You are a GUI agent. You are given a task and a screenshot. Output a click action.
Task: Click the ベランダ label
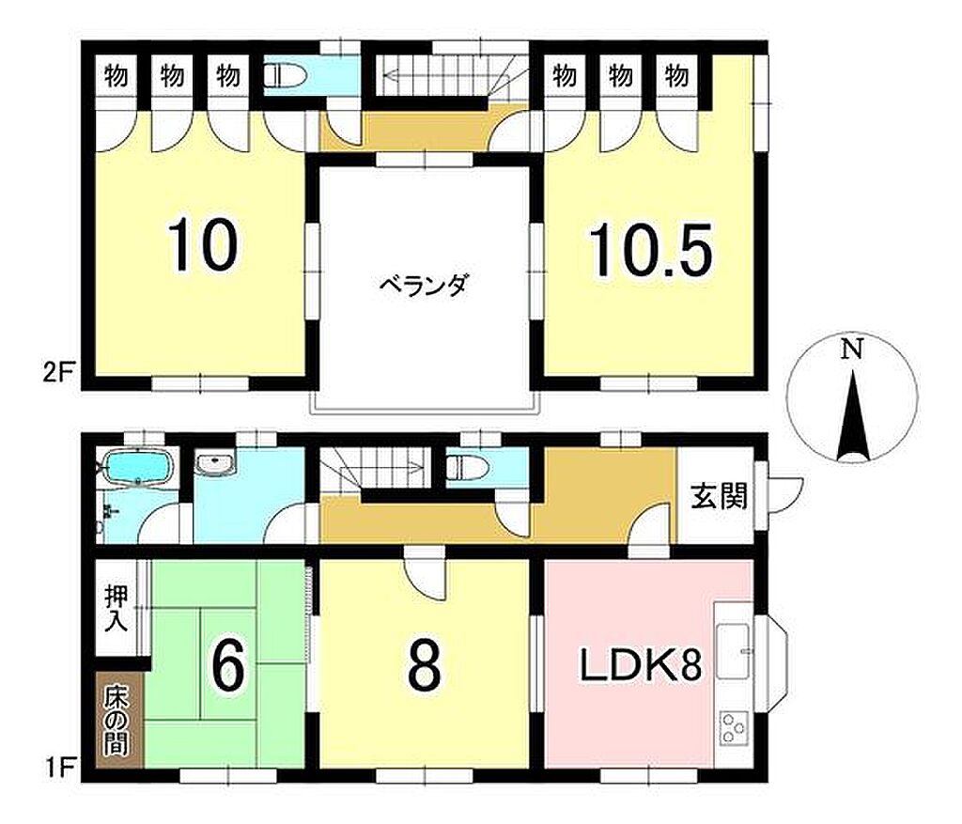pyautogui.click(x=424, y=286)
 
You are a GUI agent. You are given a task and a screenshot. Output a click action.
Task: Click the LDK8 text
pyautogui.click(x=641, y=667)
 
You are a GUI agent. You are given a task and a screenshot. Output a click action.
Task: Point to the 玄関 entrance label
pyautogui.click(x=719, y=496)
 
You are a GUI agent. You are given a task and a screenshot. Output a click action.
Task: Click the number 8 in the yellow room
pyautogui.click(x=425, y=667)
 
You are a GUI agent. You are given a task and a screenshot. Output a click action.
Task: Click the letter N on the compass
pyautogui.click(x=851, y=350)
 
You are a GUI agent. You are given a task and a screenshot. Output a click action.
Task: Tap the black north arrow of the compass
pyautogui.click(x=853, y=416)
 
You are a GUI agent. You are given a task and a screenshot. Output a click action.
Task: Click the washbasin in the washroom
pyautogui.click(x=215, y=463)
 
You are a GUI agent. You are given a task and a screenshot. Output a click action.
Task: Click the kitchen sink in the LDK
pyautogui.click(x=735, y=650)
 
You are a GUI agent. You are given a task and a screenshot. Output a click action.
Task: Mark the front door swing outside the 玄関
pyautogui.click(x=786, y=494)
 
